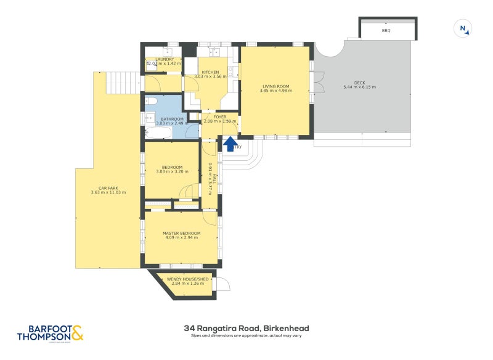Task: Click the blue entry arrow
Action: (230, 144)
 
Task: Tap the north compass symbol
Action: (463, 28)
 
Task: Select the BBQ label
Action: (386, 30)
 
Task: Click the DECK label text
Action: (359, 83)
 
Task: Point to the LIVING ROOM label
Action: (275, 86)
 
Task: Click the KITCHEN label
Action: (210, 72)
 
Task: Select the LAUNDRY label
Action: (156, 59)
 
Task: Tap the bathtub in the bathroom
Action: (158, 133)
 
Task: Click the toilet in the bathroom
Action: (152, 102)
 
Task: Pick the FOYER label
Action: (219, 117)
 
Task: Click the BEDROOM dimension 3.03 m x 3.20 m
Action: (172, 172)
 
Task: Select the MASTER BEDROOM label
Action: (181, 233)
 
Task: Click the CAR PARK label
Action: (108, 188)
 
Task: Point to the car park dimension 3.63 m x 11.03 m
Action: (108, 193)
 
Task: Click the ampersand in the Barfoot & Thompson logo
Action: (77, 333)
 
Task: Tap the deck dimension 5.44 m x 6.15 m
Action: (359, 88)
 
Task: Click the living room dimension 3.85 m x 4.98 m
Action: (275, 91)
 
